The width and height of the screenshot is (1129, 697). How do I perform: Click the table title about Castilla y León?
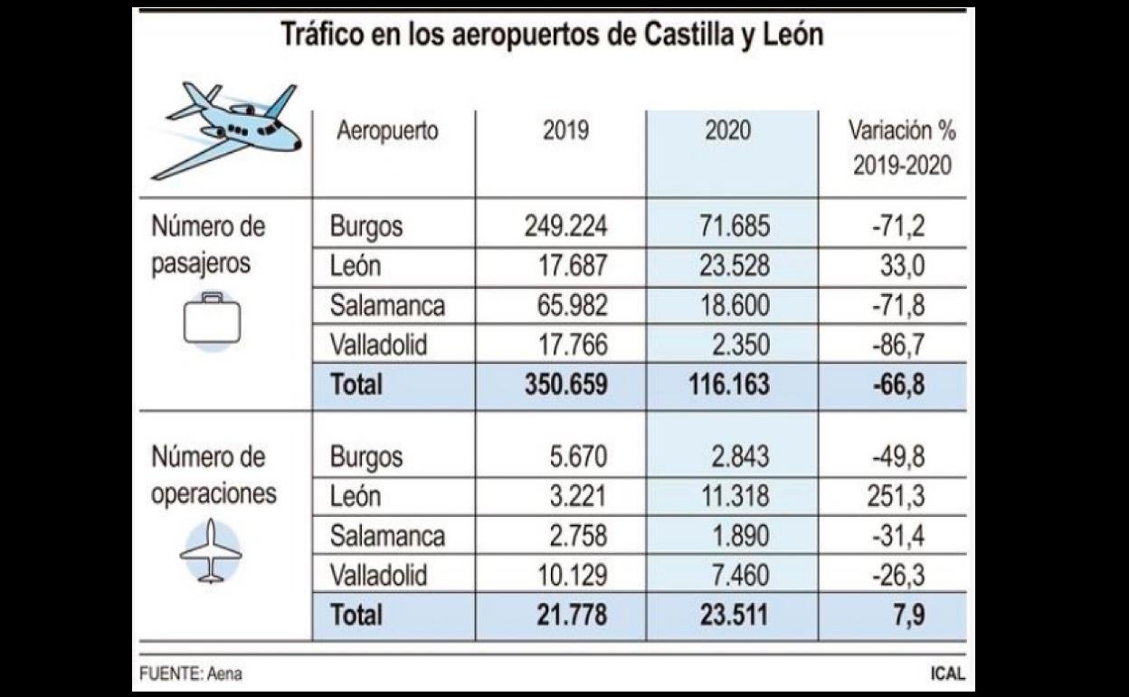[552, 34]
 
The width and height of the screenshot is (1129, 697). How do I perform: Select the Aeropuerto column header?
[387, 131]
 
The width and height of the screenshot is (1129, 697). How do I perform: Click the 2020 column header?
[727, 131]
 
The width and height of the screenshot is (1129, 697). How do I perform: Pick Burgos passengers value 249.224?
[565, 225]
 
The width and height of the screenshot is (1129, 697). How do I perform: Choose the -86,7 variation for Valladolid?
[898, 345]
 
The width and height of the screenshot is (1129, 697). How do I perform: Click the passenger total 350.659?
[565, 384]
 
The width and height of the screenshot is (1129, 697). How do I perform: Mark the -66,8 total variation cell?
[898, 384]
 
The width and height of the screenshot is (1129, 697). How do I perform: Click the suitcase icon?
[212, 320]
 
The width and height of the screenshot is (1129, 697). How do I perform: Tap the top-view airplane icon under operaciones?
[211, 550]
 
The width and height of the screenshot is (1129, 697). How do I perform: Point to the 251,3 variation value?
[900, 496]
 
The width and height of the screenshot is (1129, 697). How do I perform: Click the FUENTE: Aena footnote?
[191, 674]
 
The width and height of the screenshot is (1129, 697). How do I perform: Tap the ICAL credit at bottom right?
[947, 674]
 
